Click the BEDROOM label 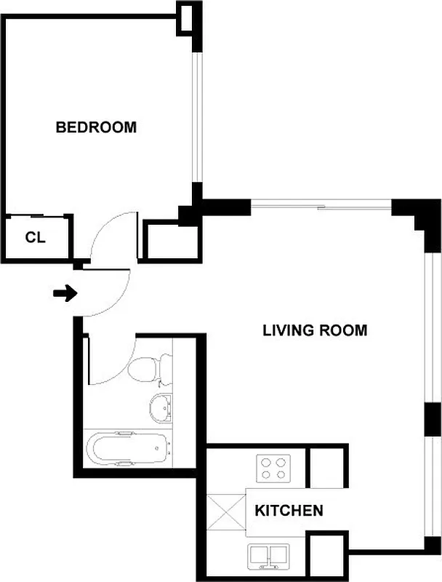[x=96, y=127]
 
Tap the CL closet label [x=35, y=237]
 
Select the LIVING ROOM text [x=314, y=330]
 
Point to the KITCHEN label [x=289, y=511]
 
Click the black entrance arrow [x=65, y=294]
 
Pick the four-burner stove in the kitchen [x=275, y=467]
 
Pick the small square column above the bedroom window [x=188, y=17]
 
